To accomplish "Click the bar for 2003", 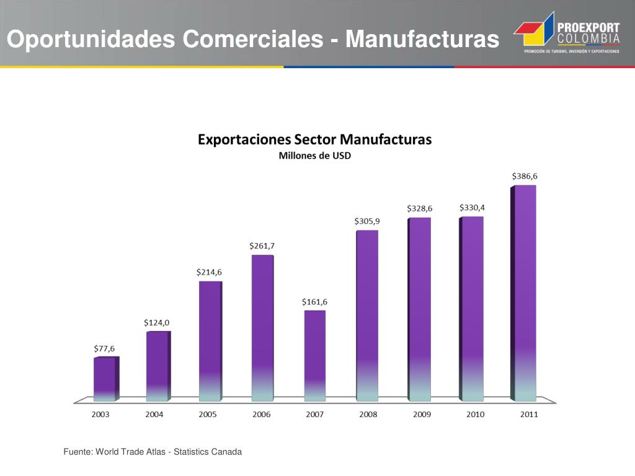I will coord(105,379).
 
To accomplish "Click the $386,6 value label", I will coord(525,176).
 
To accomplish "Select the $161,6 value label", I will coord(314,302).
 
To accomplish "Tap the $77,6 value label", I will coord(104,348).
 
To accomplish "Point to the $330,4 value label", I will coord(472,207).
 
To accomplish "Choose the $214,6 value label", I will coord(209,271).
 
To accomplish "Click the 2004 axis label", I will coord(154,415).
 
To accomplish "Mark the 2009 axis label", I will coord(422,415).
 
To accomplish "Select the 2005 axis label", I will coord(208,415).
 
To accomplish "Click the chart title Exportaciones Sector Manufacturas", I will coord(314,139).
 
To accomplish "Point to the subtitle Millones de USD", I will coord(314,156).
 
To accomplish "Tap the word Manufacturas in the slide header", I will coord(422,39).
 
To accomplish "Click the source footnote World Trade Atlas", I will coord(131,452).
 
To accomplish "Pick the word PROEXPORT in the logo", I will coord(588,28).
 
